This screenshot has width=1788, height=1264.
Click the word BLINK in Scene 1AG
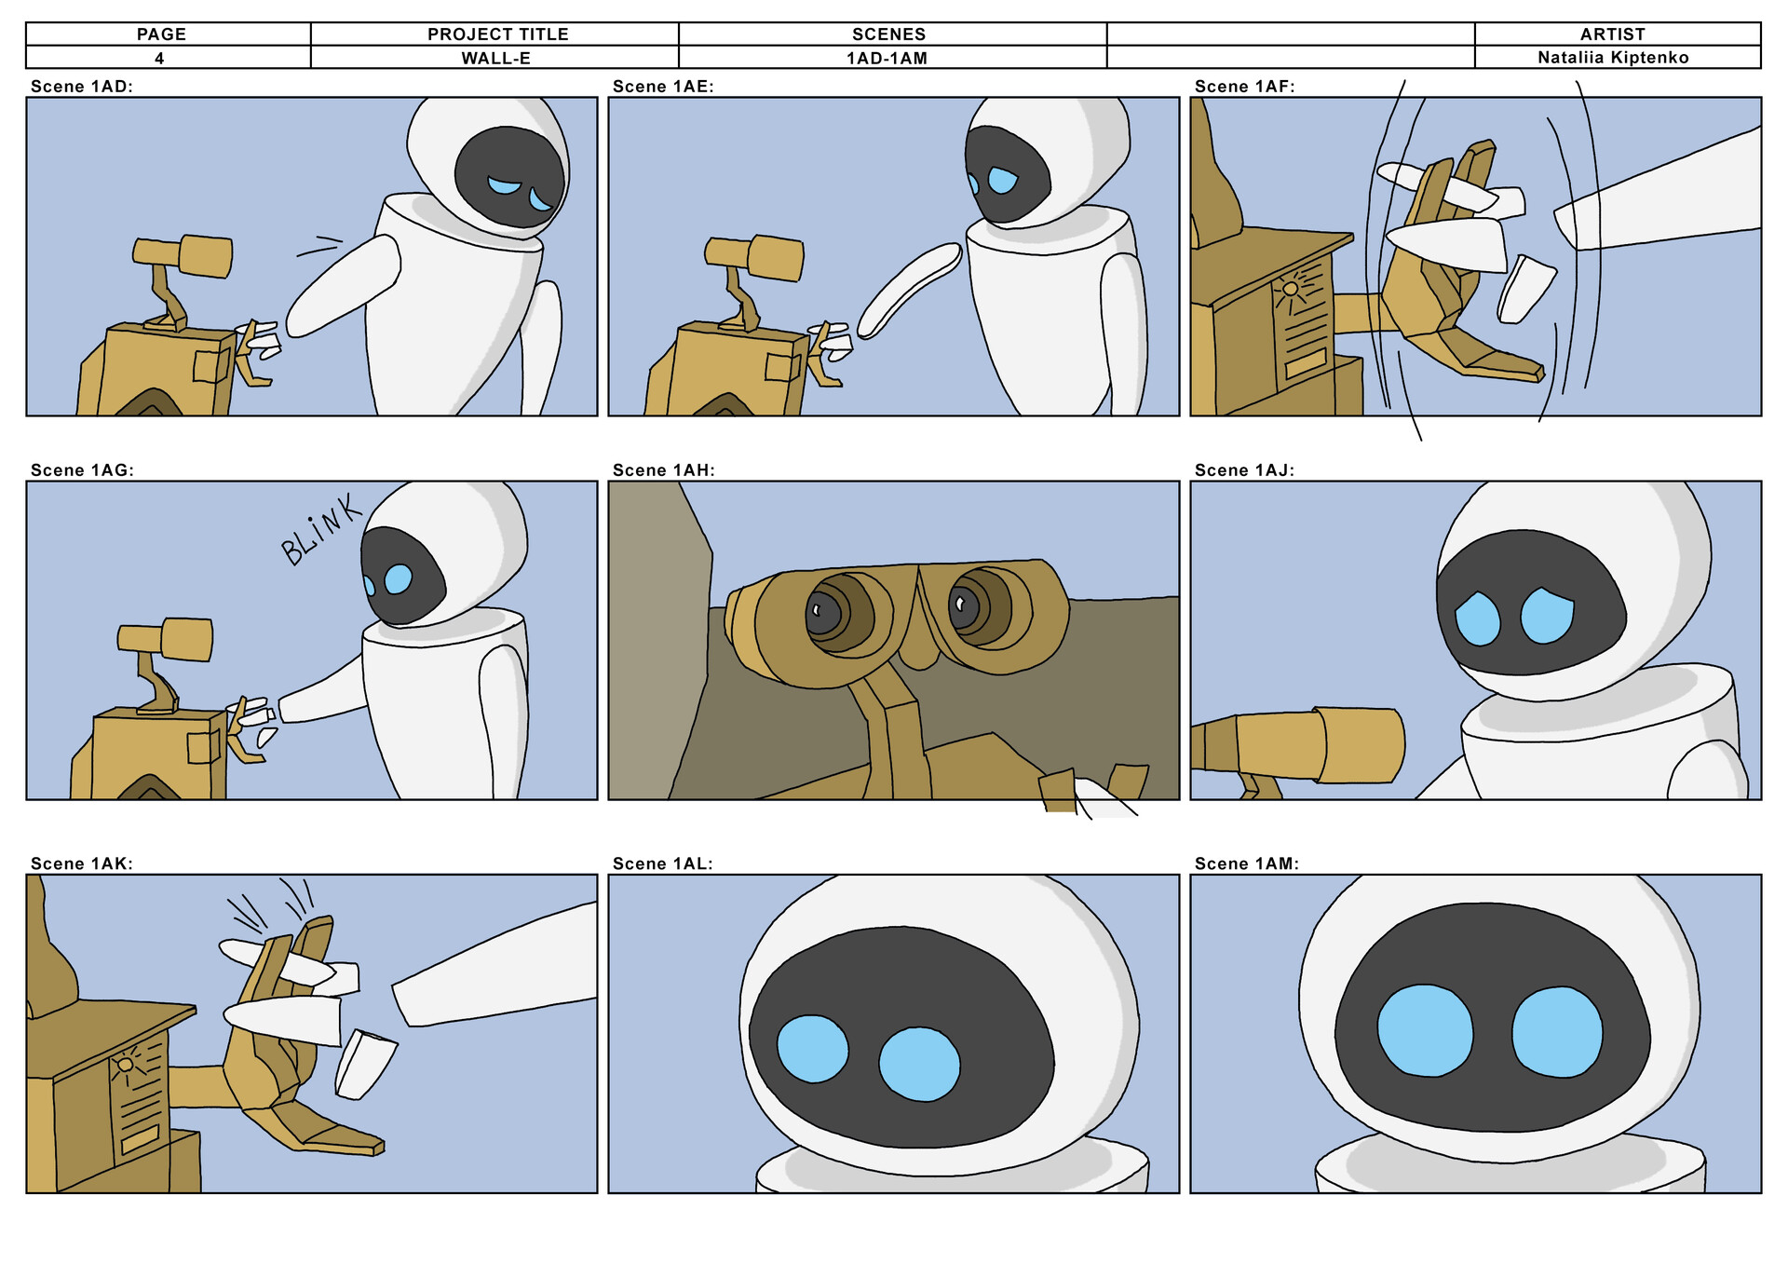pyautogui.click(x=321, y=529)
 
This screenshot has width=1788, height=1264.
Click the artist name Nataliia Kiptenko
pyautogui.click(x=1612, y=58)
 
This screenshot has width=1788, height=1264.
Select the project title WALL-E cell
pyautogui.click(x=495, y=58)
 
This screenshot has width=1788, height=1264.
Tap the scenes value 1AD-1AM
pyautogui.click(x=887, y=58)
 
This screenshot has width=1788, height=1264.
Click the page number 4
pyautogui.click(x=159, y=58)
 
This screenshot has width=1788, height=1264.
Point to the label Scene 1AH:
pyautogui.click(x=663, y=470)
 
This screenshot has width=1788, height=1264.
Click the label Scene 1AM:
pyautogui.click(x=1246, y=863)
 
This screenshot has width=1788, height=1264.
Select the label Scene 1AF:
pyautogui.click(x=1244, y=87)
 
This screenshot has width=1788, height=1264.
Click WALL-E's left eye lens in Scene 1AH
pyautogui.click(x=824, y=613)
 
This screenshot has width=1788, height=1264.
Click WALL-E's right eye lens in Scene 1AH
pyautogui.click(x=964, y=608)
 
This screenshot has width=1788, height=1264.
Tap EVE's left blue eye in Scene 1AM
pyautogui.click(x=1424, y=1031)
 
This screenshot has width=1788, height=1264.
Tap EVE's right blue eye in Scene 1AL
pyautogui.click(x=918, y=1064)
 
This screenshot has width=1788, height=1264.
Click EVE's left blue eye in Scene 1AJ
pyautogui.click(x=1477, y=618)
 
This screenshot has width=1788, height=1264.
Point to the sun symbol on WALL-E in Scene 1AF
pyautogui.click(x=1290, y=289)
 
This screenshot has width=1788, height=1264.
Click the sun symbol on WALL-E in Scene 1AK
pyautogui.click(x=125, y=1065)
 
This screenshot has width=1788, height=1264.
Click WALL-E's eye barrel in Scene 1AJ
pyautogui.click(x=1361, y=745)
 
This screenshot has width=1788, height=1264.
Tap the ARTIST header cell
pyautogui.click(x=1612, y=34)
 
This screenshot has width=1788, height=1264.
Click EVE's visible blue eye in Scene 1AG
pyautogui.click(x=398, y=578)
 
